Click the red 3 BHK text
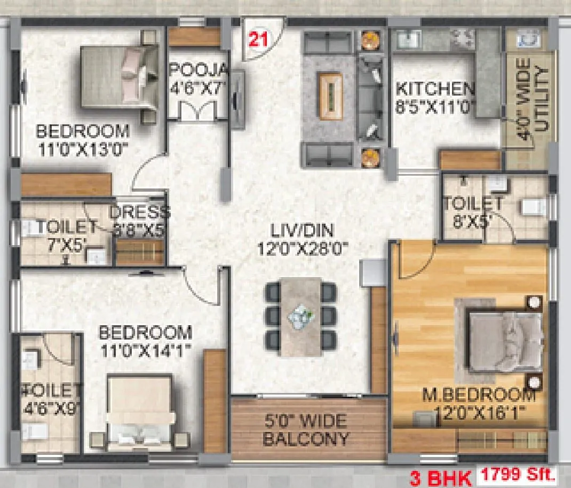(440, 477)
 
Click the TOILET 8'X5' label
(472, 211)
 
